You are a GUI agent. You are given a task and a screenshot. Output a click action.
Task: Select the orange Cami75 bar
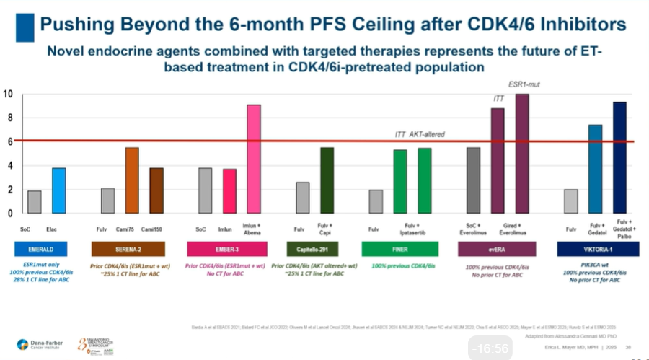point(132,180)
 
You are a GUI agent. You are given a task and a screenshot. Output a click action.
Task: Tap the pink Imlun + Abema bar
point(254,159)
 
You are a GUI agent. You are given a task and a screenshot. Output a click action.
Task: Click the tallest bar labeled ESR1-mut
point(521,154)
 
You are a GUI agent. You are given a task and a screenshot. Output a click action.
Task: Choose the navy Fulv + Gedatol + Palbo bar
point(619,157)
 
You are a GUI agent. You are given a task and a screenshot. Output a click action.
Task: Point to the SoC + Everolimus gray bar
point(473,180)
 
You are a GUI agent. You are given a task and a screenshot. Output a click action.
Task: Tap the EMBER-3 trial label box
point(226,249)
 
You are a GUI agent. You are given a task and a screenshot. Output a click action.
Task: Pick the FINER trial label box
point(400,249)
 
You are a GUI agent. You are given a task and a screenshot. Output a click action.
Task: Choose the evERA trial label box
point(497,249)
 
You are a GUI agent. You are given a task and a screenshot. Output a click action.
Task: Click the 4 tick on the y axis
point(9,166)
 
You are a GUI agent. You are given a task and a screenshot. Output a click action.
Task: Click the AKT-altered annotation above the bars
point(428,134)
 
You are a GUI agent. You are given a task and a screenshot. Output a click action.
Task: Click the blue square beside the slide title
point(25,27)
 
